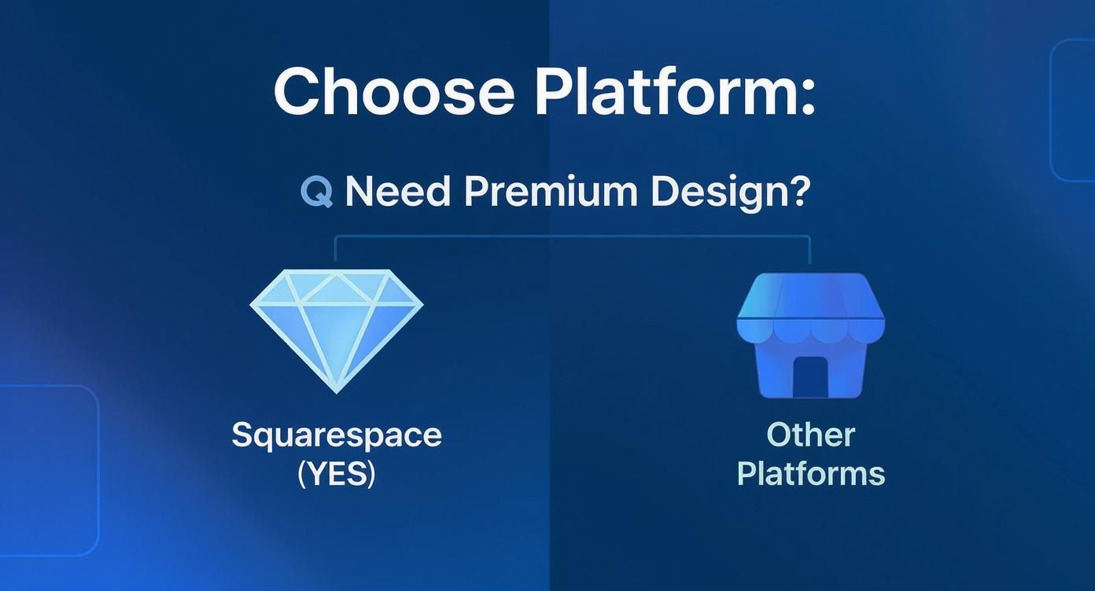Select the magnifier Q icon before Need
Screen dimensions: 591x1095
point(316,192)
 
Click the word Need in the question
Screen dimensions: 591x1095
point(397,192)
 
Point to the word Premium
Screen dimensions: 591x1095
point(549,192)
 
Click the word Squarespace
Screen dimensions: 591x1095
point(337,435)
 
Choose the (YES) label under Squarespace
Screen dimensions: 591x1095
point(337,474)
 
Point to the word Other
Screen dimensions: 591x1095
point(810,435)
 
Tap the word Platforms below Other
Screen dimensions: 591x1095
point(810,474)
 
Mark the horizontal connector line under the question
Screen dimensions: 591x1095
point(573,236)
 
